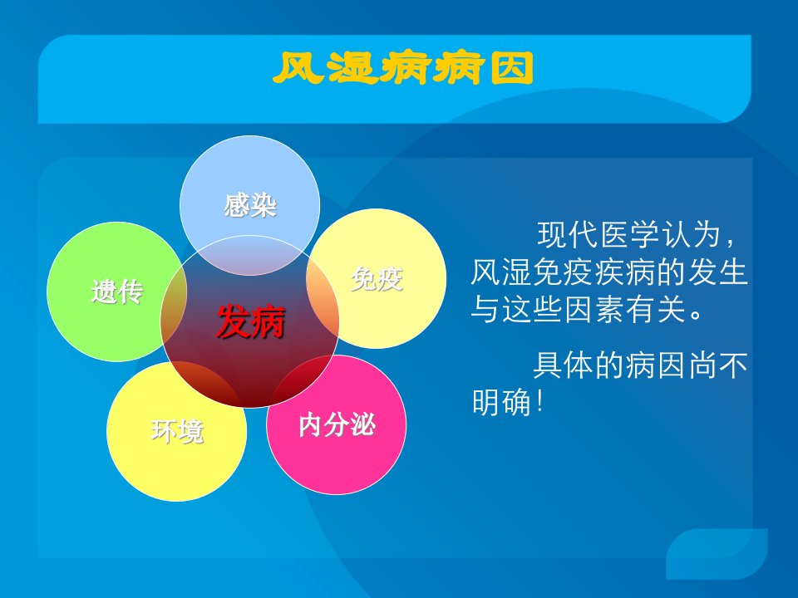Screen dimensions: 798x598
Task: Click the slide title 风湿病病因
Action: click(403, 68)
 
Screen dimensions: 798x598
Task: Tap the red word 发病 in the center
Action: click(251, 322)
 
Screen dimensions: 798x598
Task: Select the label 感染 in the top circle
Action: click(250, 205)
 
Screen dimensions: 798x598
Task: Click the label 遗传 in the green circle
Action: click(117, 292)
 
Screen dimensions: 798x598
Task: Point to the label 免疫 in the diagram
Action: click(377, 279)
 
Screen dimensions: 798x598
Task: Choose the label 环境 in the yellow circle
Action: click(177, 431)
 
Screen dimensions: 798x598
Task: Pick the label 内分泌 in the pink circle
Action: click(337, 424)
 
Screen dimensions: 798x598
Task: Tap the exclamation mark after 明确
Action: click(540, 402)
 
